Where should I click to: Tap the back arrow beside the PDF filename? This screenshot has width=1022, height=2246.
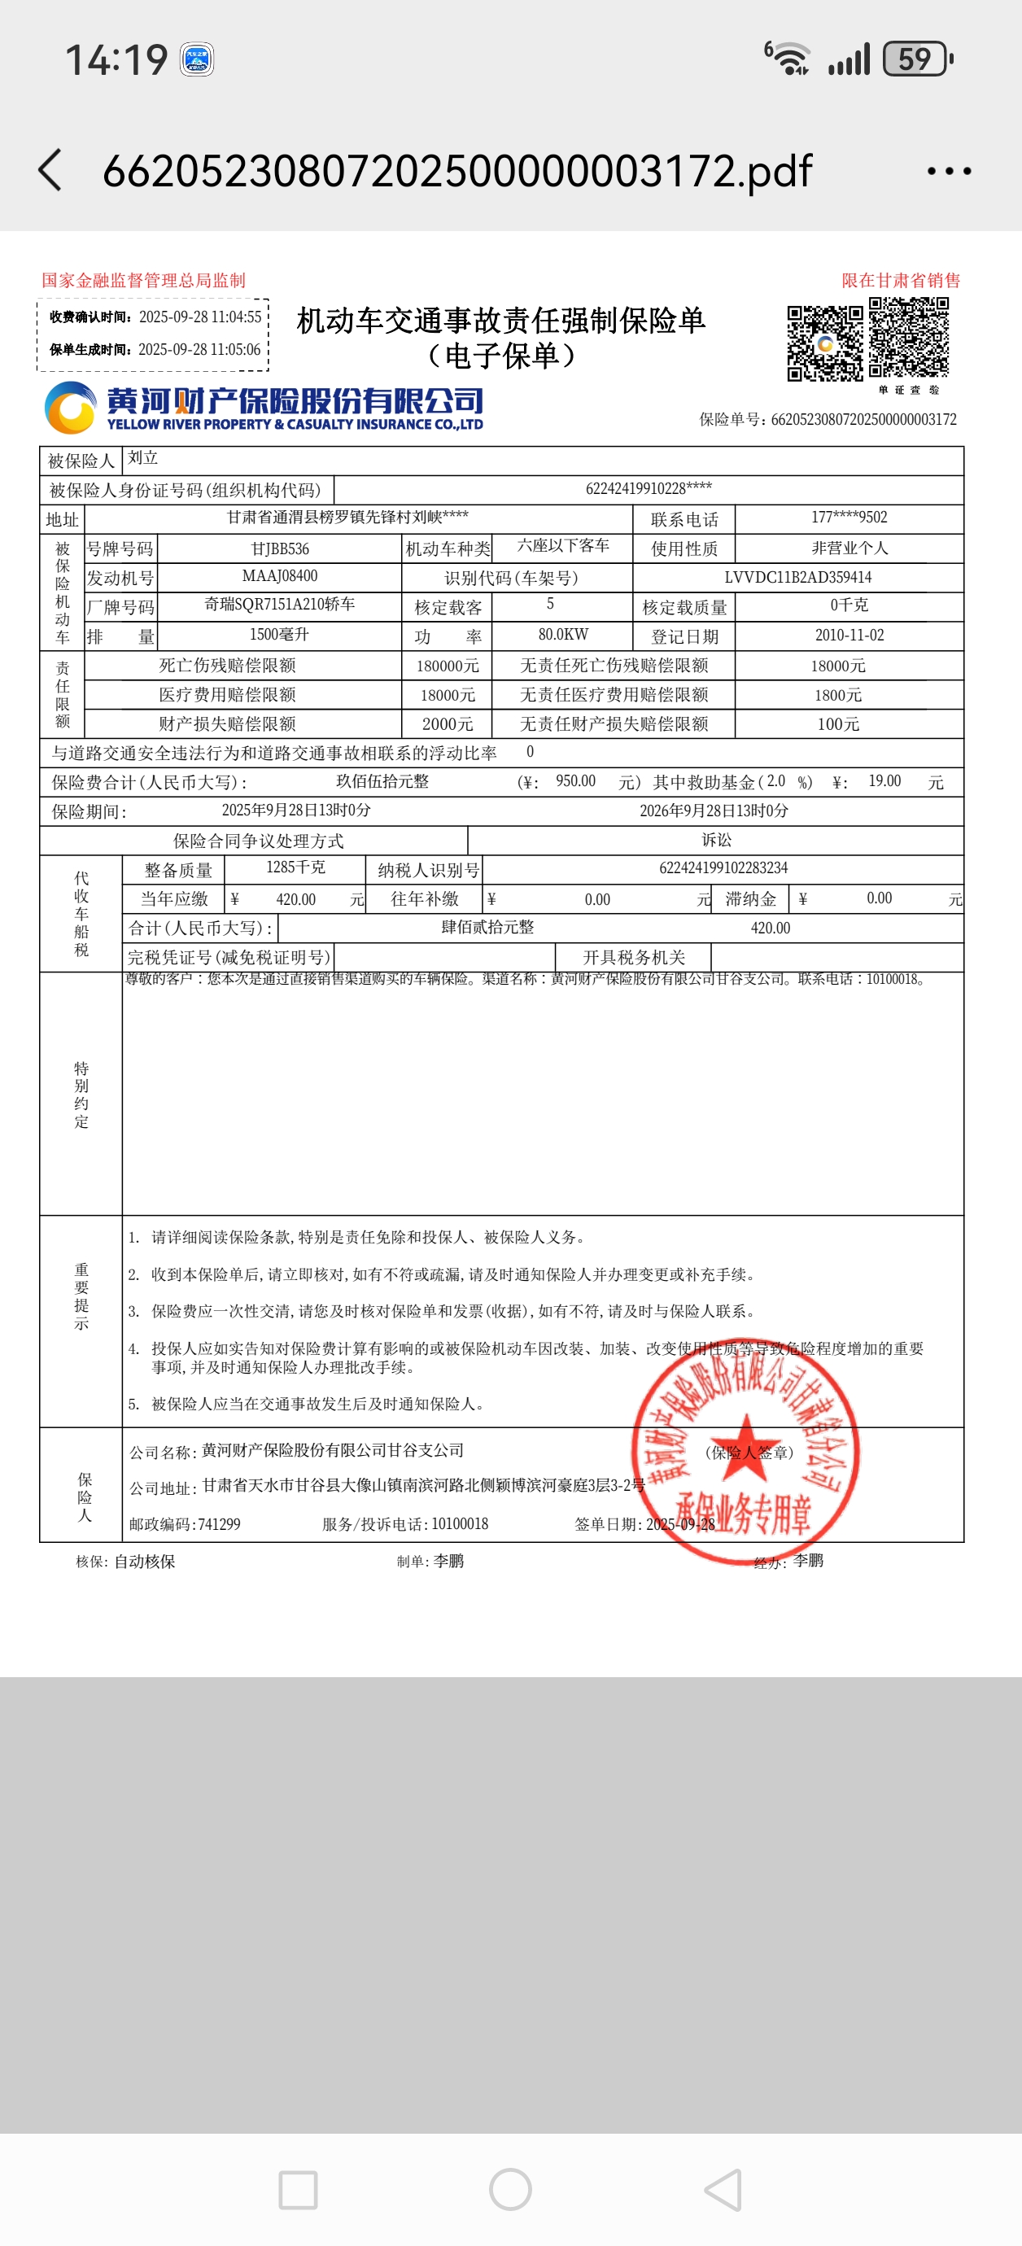tap(50, 170)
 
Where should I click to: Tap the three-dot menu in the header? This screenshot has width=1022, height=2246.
tap(949, 171)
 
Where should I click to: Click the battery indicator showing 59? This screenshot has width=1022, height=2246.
tap(916, 59)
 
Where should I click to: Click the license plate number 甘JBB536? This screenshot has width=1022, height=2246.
tap(280, 548)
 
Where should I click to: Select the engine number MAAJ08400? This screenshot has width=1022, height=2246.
tap(280, 576)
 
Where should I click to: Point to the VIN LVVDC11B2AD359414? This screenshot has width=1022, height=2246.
tap(797, 577)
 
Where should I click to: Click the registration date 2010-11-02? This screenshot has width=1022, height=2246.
tap(849, 636)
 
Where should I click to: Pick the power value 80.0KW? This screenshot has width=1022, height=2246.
tap(562, 635)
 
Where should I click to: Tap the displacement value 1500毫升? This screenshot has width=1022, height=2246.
tap(279, 635)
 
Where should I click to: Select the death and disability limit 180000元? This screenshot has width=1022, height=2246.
tap(448, 666)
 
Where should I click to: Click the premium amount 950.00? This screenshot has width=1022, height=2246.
tap(575, 781)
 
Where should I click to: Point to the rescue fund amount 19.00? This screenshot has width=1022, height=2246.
tap(884, 781)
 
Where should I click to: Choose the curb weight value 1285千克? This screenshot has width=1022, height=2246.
tap(295, 867)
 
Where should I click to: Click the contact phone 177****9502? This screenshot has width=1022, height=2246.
tap(849, 518)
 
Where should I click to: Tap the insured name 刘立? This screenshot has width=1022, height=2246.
tap(143, 457)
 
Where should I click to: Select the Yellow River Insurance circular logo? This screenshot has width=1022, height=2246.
tap(70, 408)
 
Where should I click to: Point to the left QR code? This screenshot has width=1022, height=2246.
tap(825, 343)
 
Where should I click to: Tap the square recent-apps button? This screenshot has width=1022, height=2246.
tap(297, 2189)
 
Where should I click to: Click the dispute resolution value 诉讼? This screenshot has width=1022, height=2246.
tap(716, 840)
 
